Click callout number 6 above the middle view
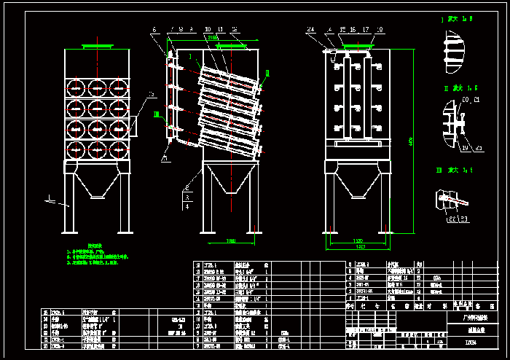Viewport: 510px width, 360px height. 154,30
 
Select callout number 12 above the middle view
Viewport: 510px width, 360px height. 234,30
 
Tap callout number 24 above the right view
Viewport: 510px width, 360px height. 310,30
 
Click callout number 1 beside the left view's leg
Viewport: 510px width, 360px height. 48,196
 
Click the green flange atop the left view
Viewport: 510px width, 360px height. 97,46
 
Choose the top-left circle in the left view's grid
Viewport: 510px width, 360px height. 76,88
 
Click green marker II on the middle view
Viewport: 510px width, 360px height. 267,73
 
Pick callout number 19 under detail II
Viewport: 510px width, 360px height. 465,149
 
